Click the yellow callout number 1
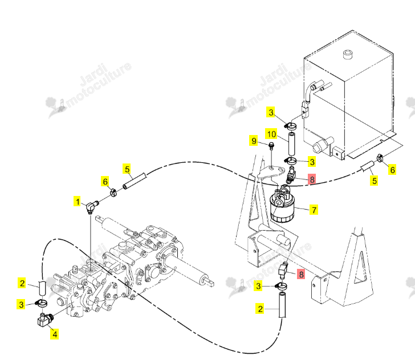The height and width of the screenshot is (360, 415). [x=78, y=202]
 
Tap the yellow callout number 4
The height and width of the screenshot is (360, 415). [x=55, y=334]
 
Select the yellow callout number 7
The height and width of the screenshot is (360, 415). [x=314, y=210]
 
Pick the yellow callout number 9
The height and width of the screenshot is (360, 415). [x=254, y=141]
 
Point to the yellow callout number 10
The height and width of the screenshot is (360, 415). [x=271, y=134]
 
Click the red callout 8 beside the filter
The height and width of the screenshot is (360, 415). [x=312, y=179]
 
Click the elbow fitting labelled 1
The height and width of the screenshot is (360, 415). [x=92, y=207]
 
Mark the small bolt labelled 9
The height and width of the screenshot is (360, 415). [x=271, y=146]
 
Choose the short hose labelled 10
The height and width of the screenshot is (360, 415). [x=292, y=144]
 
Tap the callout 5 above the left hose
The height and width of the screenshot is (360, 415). [x=127, y=169]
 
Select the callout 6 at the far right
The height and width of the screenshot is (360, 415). [x=393, y=170]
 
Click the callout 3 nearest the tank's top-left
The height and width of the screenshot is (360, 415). [x=271, y=112]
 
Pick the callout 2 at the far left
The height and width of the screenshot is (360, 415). [x=22, y=283]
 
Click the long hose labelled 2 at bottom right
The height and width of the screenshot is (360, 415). [x=282, y=304]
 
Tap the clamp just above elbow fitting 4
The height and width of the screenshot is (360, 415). [x=41, y=304]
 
